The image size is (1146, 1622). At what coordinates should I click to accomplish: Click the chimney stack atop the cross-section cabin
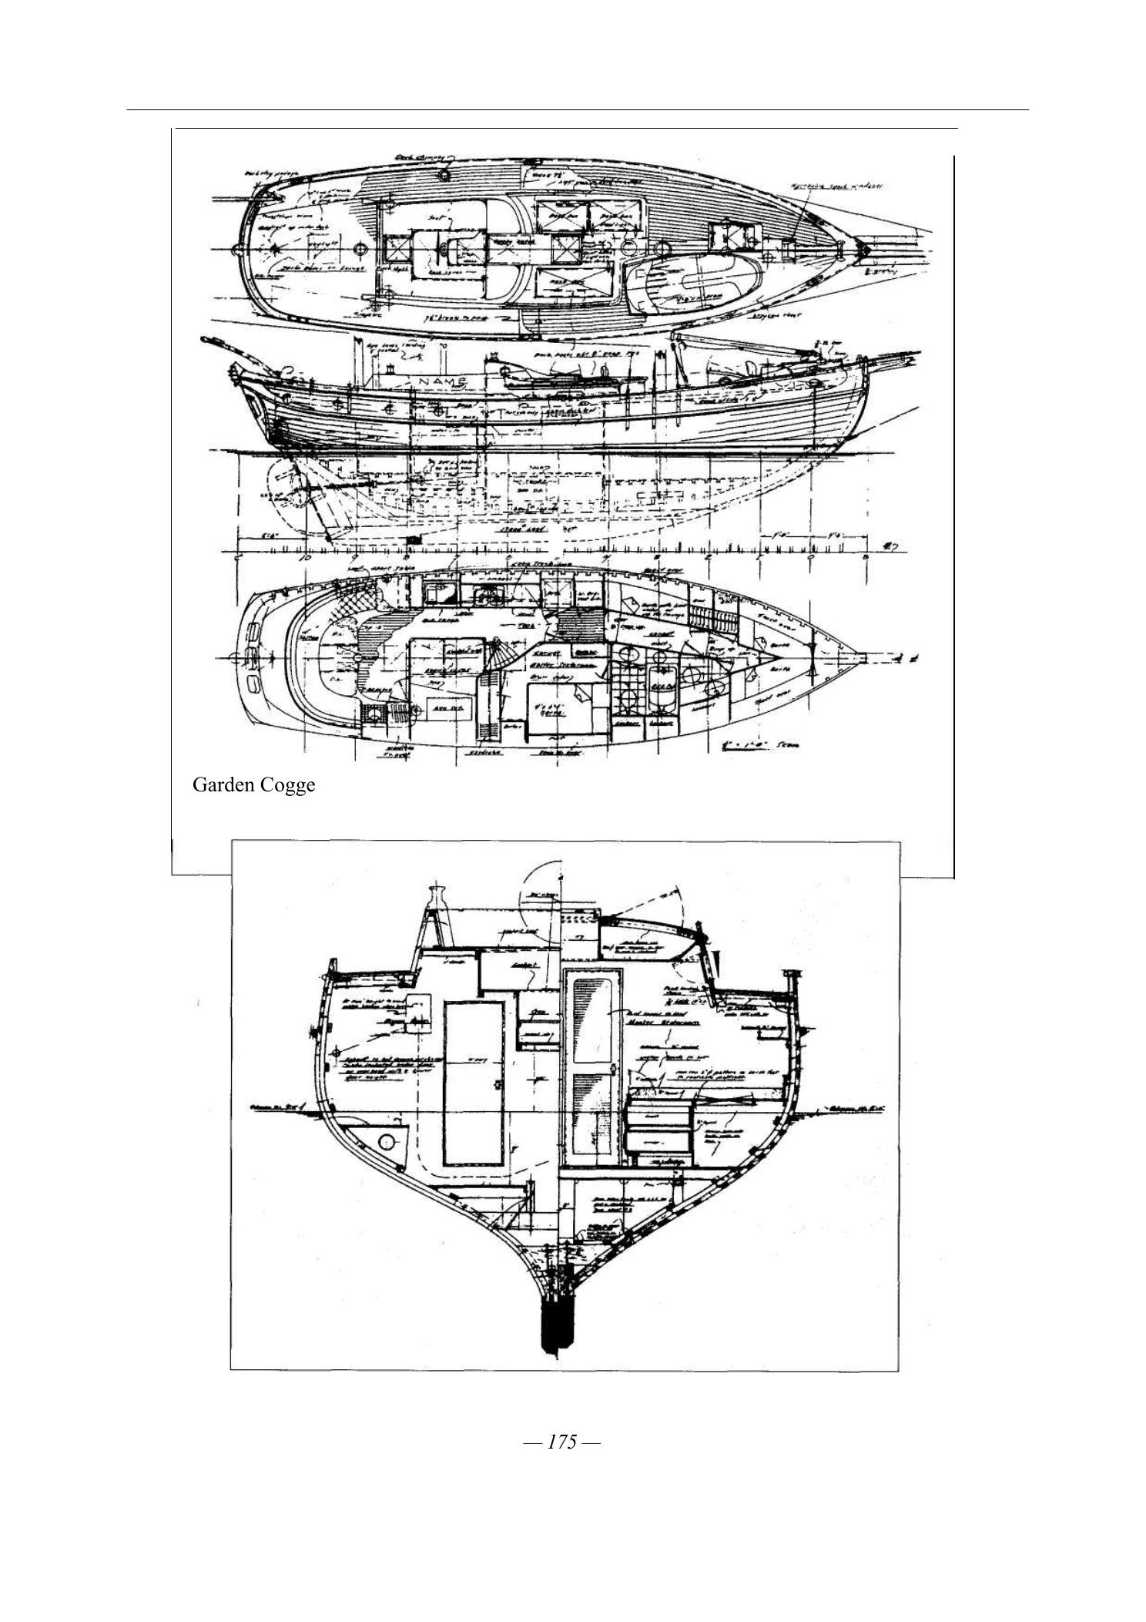[x=435, y=898]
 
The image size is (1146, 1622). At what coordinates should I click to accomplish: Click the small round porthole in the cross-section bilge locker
[x=387, y=1141]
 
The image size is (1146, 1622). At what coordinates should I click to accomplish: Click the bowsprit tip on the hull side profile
[x=916, y=356]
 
